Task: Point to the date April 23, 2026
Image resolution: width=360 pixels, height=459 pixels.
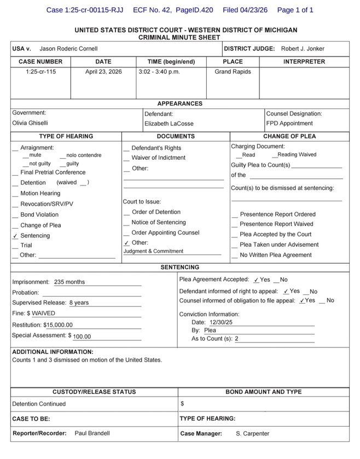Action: pyautogui.click(x=103, y=72)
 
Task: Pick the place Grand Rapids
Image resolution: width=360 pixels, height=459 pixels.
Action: pyautogui.click(x=233, y=72)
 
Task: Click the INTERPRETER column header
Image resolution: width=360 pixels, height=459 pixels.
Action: pyautogui.click(x=304, y=62)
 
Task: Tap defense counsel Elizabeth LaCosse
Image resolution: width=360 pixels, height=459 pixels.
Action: pyautogui.click(x=169, y=124)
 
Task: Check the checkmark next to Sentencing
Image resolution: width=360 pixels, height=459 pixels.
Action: pyautogui.click(x=15, y=236)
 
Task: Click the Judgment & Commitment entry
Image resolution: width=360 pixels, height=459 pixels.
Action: pyautogui.click(x=153, y=252)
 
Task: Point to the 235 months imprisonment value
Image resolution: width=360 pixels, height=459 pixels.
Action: pyautogui.click(x=69, y=282)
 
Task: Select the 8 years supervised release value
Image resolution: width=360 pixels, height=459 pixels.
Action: pyautogui.click(x=79, y=303)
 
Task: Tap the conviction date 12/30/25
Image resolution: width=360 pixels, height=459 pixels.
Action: pyautogui.click(x=217, y=323)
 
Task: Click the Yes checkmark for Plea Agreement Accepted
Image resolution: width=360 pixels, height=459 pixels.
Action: pyautogui.click(x=256, y=280)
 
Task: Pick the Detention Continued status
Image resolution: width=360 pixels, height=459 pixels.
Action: pyautogui.click(x=39, y=404)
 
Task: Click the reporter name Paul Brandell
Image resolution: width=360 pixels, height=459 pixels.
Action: pyautogui.click(x=92, y=433)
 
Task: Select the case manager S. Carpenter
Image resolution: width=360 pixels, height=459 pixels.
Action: pyautogui.click(x=252, y=434)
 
